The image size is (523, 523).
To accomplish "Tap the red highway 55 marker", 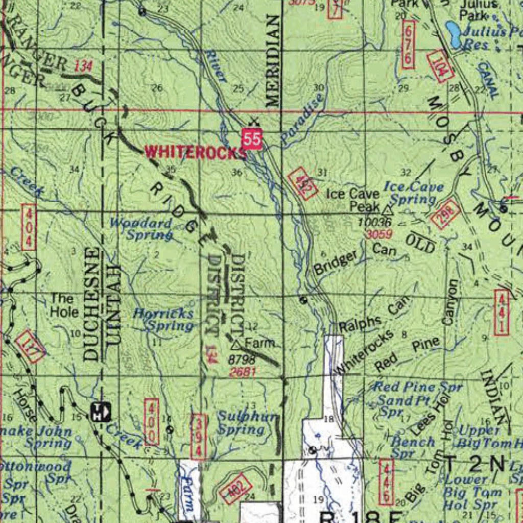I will [252, 139].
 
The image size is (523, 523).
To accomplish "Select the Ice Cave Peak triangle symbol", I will [387, 209].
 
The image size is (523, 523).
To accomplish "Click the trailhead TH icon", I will [101, 411].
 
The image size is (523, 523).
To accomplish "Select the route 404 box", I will [29, 227].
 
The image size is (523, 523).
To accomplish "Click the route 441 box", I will [502, 312].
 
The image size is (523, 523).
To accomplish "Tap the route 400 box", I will [152, 422].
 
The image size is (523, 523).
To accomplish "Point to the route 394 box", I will [199, 437].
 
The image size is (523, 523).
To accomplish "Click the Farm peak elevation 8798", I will [242, 360].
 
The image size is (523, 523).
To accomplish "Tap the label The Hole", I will [64, 305].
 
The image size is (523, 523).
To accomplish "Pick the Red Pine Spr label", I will [417, 387].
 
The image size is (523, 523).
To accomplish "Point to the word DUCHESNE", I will [91, 304].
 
